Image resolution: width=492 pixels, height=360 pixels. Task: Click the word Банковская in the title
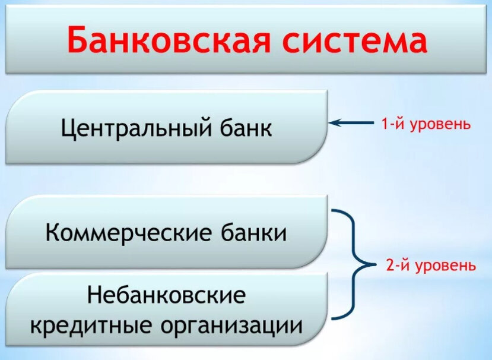point(169,40)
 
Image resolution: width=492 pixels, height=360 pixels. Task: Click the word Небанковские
point(167,295)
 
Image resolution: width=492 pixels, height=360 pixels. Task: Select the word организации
point(231,327)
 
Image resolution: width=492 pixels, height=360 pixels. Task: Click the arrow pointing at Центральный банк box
point(351,123)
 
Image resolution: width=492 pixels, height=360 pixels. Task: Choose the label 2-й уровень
point(431,266)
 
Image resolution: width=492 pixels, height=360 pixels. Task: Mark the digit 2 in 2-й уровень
point(390,266)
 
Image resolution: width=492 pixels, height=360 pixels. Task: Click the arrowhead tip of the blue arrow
point(329,123)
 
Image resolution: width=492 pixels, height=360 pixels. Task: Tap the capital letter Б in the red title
point(77,40)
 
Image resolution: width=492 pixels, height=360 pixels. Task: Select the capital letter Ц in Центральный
point(69,128)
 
